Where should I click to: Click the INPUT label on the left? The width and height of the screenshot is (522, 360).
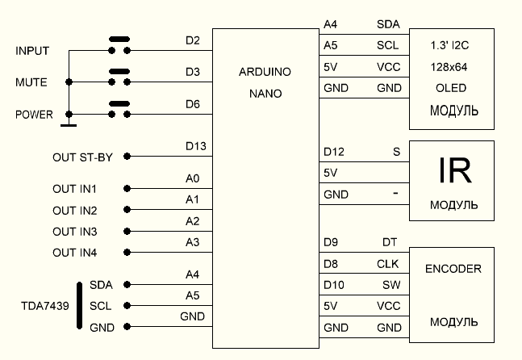coord(33,51)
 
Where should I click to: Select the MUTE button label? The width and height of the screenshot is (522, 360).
coord(31,82)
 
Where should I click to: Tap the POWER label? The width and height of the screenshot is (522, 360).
coord(34,115)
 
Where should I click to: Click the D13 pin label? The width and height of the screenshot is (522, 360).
coord(195,146)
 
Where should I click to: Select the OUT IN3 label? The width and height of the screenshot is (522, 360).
coord(75,232)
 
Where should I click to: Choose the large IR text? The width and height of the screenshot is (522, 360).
coord(454,170)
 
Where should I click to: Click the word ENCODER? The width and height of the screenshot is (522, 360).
coord(453,269)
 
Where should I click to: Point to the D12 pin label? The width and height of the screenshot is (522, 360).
coord(333,151)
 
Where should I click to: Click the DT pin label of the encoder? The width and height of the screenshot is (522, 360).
coord(390,241)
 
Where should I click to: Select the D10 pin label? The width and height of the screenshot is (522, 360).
coord(333,285)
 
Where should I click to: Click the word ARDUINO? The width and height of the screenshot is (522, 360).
coord(265,72)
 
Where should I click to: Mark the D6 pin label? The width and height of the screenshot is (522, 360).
coord(192,104)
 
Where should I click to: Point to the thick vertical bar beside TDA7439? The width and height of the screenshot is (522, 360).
coord(80,306)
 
